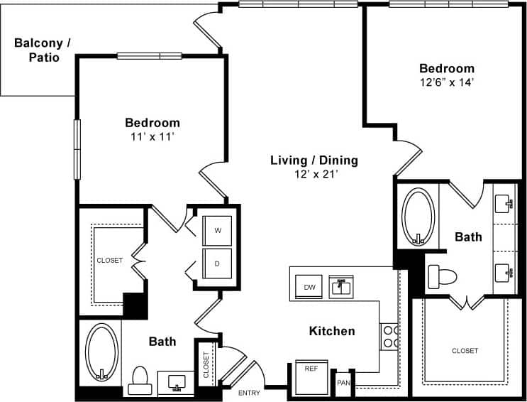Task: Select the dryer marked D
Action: click(x=216, y=263)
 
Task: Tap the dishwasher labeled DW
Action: click(x=309, y=287)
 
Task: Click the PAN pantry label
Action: click(x=343, y=383)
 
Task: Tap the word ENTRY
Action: click(x=249, y=393)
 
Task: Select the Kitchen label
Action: click(x=332, y=331)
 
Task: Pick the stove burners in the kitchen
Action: click(x=389, y=336)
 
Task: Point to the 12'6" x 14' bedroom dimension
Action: click(x=446, y=82)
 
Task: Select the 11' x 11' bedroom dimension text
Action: click(x=152, y=136)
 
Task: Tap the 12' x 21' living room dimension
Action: click(x=314, y=174)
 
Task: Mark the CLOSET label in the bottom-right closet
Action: click(x=465, y=351)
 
